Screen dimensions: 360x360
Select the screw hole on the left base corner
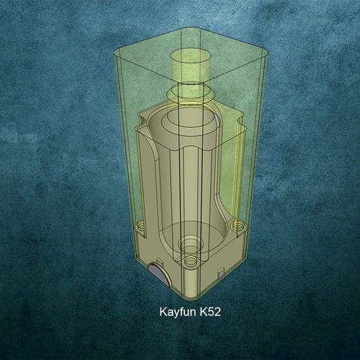142,227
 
